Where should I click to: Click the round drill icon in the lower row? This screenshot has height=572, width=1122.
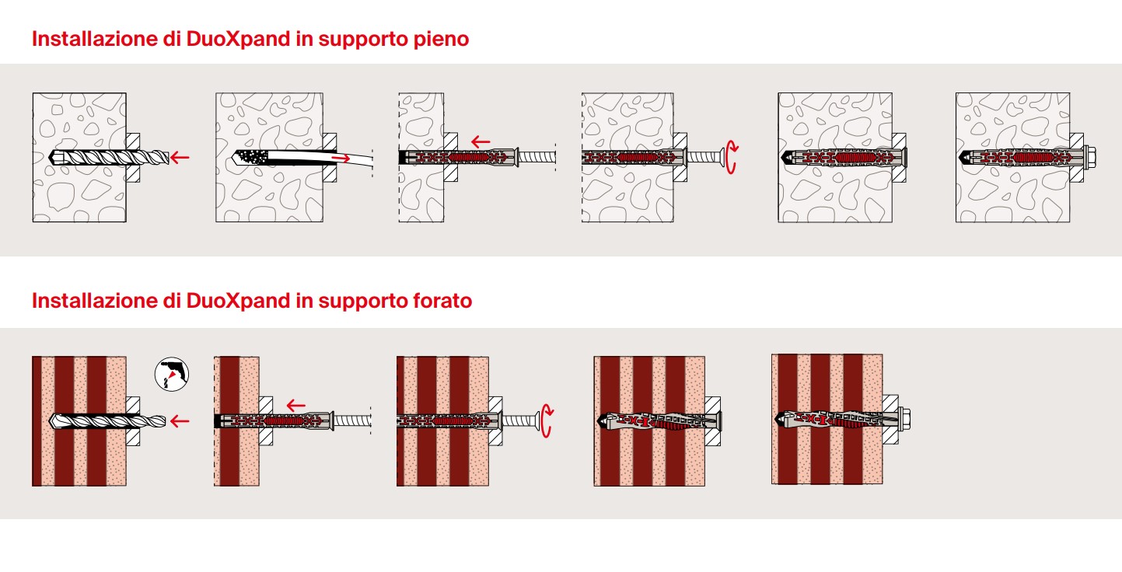tap(172, 375)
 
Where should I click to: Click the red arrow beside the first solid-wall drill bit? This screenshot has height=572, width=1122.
tap(180, 158)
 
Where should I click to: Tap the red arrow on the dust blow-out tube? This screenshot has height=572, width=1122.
tap(341, 159)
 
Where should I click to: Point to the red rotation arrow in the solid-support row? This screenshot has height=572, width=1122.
tap(732, 157)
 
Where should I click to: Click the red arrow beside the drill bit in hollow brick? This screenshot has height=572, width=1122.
tap(180, 421)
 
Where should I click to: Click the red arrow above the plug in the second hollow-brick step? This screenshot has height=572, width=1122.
tap(296, 406)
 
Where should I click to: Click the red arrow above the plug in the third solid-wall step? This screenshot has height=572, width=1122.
tap(481, 142)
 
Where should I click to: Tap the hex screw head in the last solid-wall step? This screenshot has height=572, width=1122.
tap(1089, 157)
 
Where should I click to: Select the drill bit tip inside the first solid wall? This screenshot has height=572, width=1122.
tap(55, 157)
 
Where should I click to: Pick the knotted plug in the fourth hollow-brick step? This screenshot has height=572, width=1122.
tap(659, 421)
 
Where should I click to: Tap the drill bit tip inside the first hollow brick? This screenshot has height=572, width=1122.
tap(56, 421)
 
